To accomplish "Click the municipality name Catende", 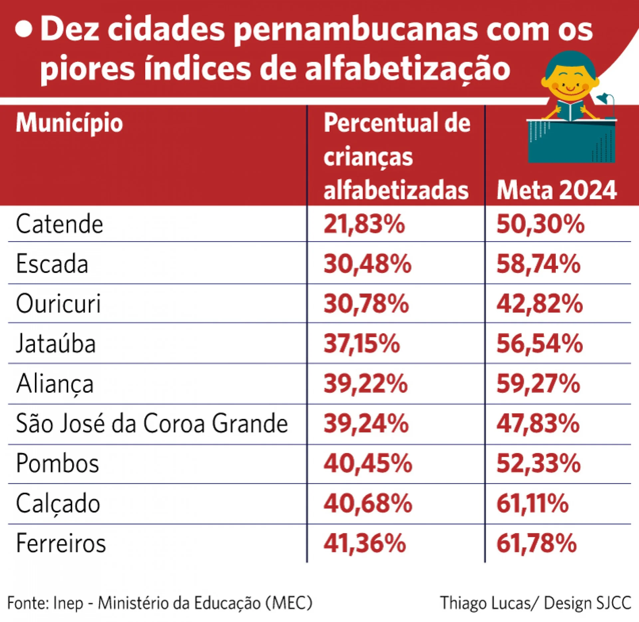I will pyautogui.click(x=59, y=224).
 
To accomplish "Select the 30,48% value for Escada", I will pyautogui.click(x=367, y=264).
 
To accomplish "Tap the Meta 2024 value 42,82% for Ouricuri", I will pyautogui.click(x=539, y=304).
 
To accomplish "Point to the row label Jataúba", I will pyautogui.click(x=56, y=344).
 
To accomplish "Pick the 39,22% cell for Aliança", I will pyautogui.click(x=365, y=384).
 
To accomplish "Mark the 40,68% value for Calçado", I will pyautogui.click(x=368, y=503).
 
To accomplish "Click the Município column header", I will pyautogui.click(x=69, y=123).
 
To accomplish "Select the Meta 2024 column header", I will pyautogui.click(x=556, y=191).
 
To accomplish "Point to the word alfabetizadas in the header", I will pyautogui.click(x=396, y=191).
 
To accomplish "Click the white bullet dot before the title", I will pyautogui.click(x=24, y=29).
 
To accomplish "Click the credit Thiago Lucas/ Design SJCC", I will pyautogui.click(x=535, y=603).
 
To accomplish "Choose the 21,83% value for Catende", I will pyautogui.click(x=364, y=224).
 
